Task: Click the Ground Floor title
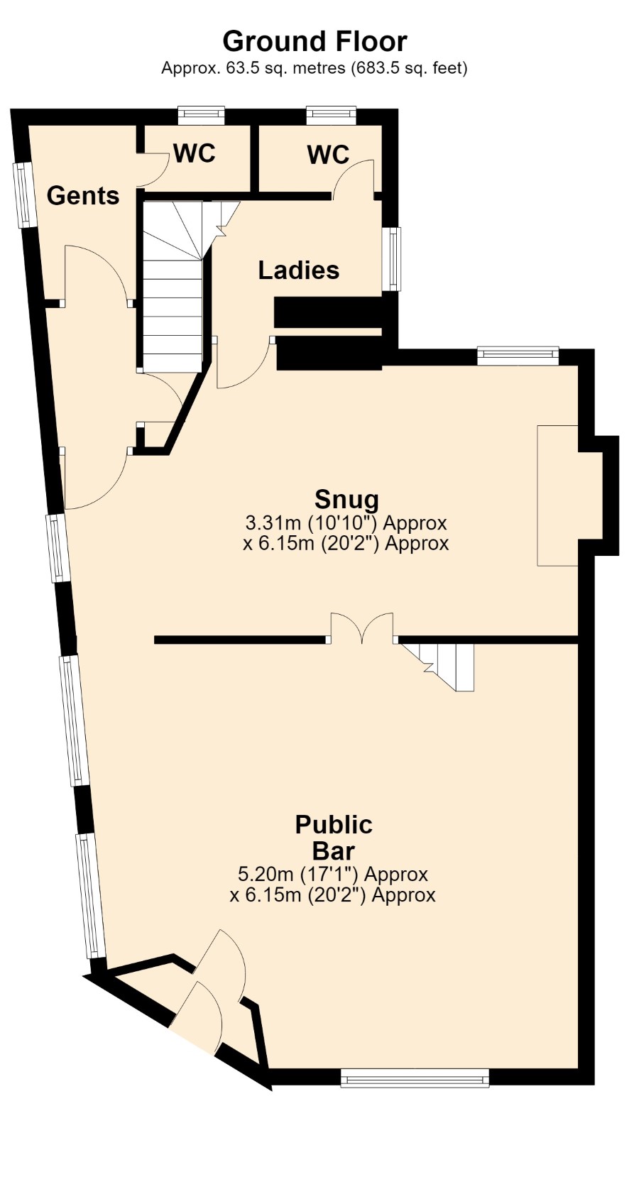point(314,41)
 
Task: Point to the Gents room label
point(83,196)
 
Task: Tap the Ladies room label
point(298,270)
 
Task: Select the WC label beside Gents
point(195,153)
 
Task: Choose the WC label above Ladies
point(329,155)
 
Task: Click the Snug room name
point(347,499)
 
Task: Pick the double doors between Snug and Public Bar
point(362,628)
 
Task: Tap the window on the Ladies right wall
point(391,258)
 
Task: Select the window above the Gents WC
point(201,116)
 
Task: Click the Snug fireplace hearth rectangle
point(557,496)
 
